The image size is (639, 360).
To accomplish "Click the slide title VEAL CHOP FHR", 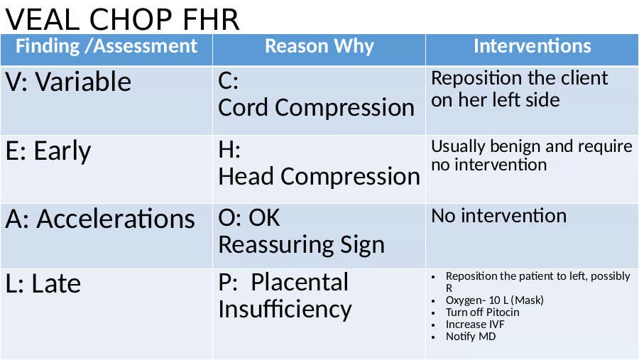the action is click(x=122, y=19).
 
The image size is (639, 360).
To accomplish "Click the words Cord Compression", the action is click(x=316, y=108).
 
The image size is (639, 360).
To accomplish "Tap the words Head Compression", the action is click(x=319, y=176).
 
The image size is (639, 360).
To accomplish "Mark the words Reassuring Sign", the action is click(x=302, y=246).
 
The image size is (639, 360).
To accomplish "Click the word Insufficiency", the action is click(x=285, y=309).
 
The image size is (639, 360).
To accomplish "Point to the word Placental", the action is click(x=300, y=282).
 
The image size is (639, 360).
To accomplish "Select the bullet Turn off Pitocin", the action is click(x=483, y=312).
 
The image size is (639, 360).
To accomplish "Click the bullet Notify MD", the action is click(x=471, y=337).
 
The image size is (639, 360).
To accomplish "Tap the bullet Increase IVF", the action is click(x=475, y=324).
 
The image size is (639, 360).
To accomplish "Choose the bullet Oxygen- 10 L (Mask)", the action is click(x=495, y=300).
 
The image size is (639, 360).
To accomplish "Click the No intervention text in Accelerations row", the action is click(x=499, y=216).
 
